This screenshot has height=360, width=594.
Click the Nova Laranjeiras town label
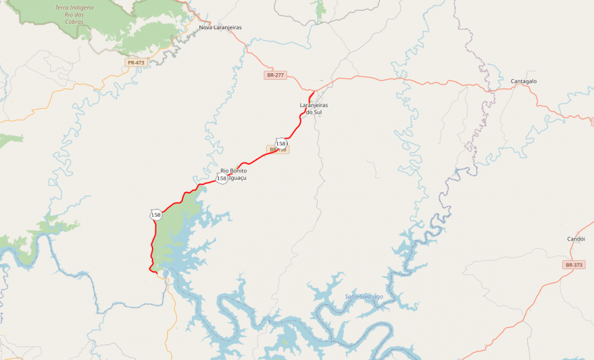pyautogui.click(x=220, y=27)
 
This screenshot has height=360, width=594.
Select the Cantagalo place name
pyautogui.click(x=524, y=81)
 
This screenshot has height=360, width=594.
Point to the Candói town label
pyautogui.click(x=576, y=239)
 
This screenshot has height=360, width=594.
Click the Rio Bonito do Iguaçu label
pyautogui.click(x=234, y=174)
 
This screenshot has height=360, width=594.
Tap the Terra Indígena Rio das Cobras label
pyautogui.click(x=74, y=14)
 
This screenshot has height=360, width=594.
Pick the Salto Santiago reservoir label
pyautogui.click(x=364, y=296)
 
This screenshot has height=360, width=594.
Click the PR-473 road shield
pyautogui.click(x=136, y=62)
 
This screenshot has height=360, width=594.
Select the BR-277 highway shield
pyautogui.click(x=275, y=75)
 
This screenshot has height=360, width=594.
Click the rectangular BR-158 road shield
pyautogui.click(x=278, y=150)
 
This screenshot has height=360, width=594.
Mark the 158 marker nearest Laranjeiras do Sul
pyautogui.click(x=281, y=143)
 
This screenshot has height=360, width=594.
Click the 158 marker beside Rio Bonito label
pyautogui.click(x=222, y=178)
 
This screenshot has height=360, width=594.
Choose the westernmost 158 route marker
pyautogui.click(x=156, y=215)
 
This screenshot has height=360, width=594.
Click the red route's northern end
pyautogui.click(x=314, y=91)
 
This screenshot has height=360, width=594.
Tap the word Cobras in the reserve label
pyautogui.click(x=74, y=21)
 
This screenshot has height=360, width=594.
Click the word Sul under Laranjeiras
pyautogui.click(x=317, y=112)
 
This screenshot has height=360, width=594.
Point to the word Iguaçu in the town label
pyautogui.click(x=238, y=178)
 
